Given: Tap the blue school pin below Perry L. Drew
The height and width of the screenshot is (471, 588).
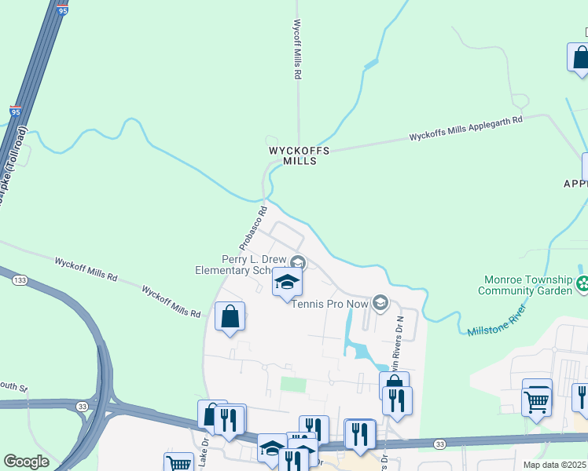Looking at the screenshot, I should pyautogui.click(x=288, y=282).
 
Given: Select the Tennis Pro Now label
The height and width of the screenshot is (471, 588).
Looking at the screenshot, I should pyautogui.click(x=330, y=304).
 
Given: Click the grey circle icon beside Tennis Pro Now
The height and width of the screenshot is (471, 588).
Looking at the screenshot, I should pyautogui.click(x=380, y=303).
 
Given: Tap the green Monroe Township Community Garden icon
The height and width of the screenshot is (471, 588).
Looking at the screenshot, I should pyautogui.click(x=582, y=283).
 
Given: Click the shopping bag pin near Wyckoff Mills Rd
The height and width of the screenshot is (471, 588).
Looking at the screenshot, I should pyautogui.click(x=230, y=317).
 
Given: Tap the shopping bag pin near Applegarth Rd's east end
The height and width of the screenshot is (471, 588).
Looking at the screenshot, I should pyautogui.click(x=580, y=58).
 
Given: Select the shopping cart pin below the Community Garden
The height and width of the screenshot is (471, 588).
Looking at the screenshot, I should pyautogui.click(x=537, y=400).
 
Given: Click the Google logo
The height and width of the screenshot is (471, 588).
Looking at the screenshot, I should pyautogui.click(x=26, y=461).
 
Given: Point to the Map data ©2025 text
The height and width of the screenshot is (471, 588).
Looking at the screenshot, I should pyautogui.click(x=553, y=465).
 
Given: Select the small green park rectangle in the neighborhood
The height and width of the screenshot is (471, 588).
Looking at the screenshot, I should pyautogui.click(x=292, y=385).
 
